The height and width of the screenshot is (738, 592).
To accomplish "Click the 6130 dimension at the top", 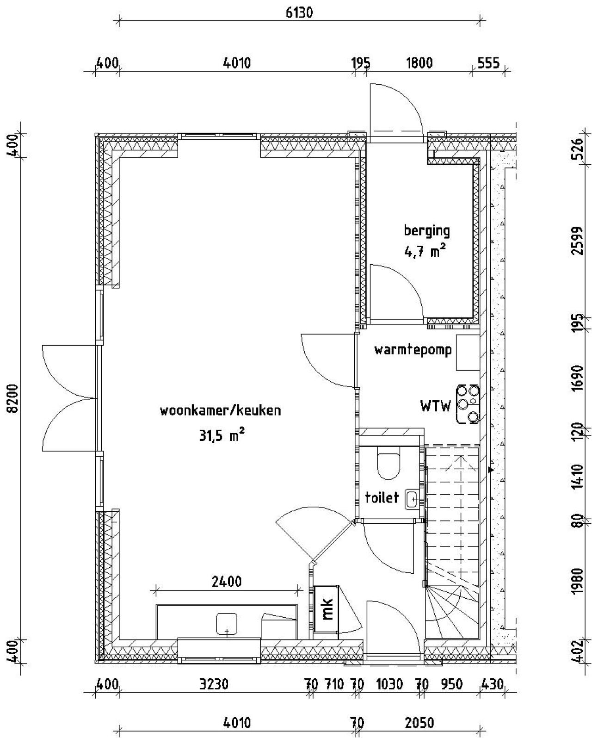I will (299, 12).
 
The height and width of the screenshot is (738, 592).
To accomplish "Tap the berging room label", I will (426, 230).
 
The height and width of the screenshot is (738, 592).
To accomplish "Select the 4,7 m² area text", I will (425, 252).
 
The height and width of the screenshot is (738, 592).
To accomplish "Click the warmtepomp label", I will (413, 350).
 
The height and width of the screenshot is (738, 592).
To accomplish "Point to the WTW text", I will (435, 407).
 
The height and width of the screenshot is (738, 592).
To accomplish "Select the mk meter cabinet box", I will (326, 609).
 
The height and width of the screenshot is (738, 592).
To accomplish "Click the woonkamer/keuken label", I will (220, 411).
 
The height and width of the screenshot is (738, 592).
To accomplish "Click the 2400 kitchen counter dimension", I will (226, 581).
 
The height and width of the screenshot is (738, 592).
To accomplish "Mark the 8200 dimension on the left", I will (14, 398).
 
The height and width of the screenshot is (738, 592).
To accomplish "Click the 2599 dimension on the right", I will (576, 241).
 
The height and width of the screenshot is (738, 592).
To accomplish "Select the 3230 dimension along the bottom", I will (213, 684).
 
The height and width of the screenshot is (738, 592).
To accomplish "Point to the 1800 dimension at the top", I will (419, 63).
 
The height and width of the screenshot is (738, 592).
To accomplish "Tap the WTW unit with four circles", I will (468, 403).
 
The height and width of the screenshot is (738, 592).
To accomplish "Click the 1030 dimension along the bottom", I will (389, 684).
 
